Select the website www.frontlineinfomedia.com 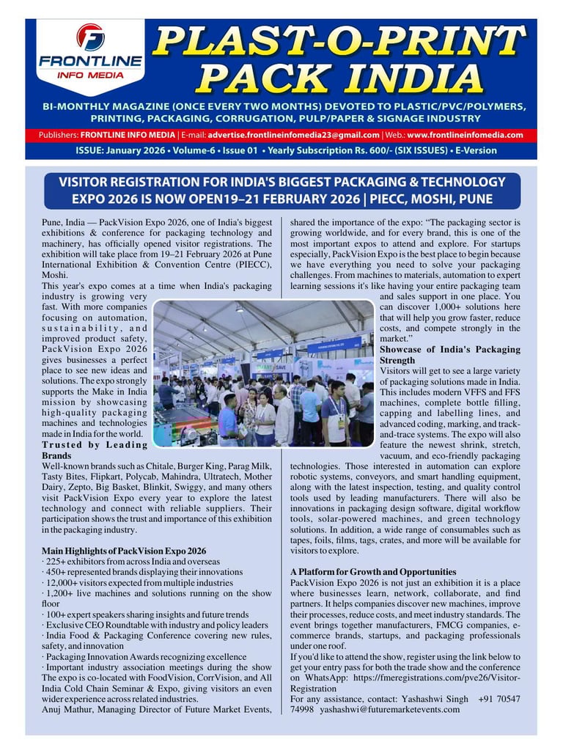(x=465, y=135)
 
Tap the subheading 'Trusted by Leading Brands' (x=95, y=450)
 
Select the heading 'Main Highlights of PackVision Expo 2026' (x=124, y=551)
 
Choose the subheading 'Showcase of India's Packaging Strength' (x=450, y=355)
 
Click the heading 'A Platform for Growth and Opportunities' (x=373, y=572)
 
